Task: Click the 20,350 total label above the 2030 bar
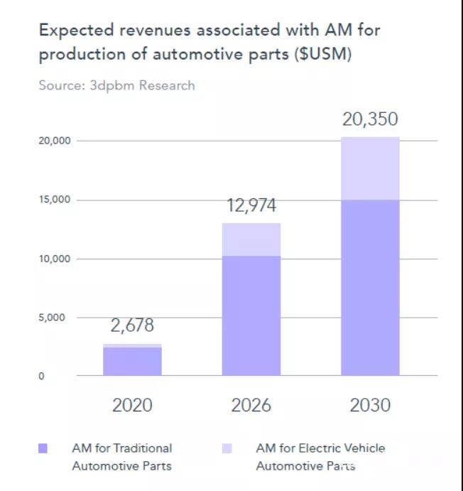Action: pyautogui.click(x=370, y=119)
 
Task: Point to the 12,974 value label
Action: pyautogui.click(x=251, y=206)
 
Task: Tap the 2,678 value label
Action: pyautogui.click(x=132, y=325)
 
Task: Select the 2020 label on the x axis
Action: pyautogui.click(x=132, y=405)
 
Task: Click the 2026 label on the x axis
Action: pyautogui.click(x=251, y=405)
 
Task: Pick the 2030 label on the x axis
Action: pyautogui.click(x=370, y=405)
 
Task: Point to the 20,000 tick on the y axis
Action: pyautogui.click(x=55, y=141)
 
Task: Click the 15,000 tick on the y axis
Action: pyautogui.click(x=55, y=200)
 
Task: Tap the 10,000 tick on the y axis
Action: pyautogui.click(x=55, y=259)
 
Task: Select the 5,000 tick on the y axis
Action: pyautogui.click(x=52, y=318)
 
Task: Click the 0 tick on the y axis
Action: pyautogui.click(x=41, y=376)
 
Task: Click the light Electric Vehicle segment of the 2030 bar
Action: pyautogui.click(x=370, y=168)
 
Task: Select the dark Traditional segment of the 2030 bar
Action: pyautogui.click(x=370, y=288)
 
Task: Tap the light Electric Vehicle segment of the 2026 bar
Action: pyautogui.click(x=251, y=239)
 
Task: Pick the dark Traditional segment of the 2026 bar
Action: pyautogui.click(x=251, y=315)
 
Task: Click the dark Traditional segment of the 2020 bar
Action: pyautogui.click(x=132, y=362)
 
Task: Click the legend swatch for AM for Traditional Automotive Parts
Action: pyautogui.click(x=43, y=448)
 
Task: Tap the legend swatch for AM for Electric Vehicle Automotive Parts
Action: pyautogui.click(x=227, y=448)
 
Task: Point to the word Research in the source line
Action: pyautogui.click(x=167, y=85)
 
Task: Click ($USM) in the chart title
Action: pyautogui.click(x=323, y=54)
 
